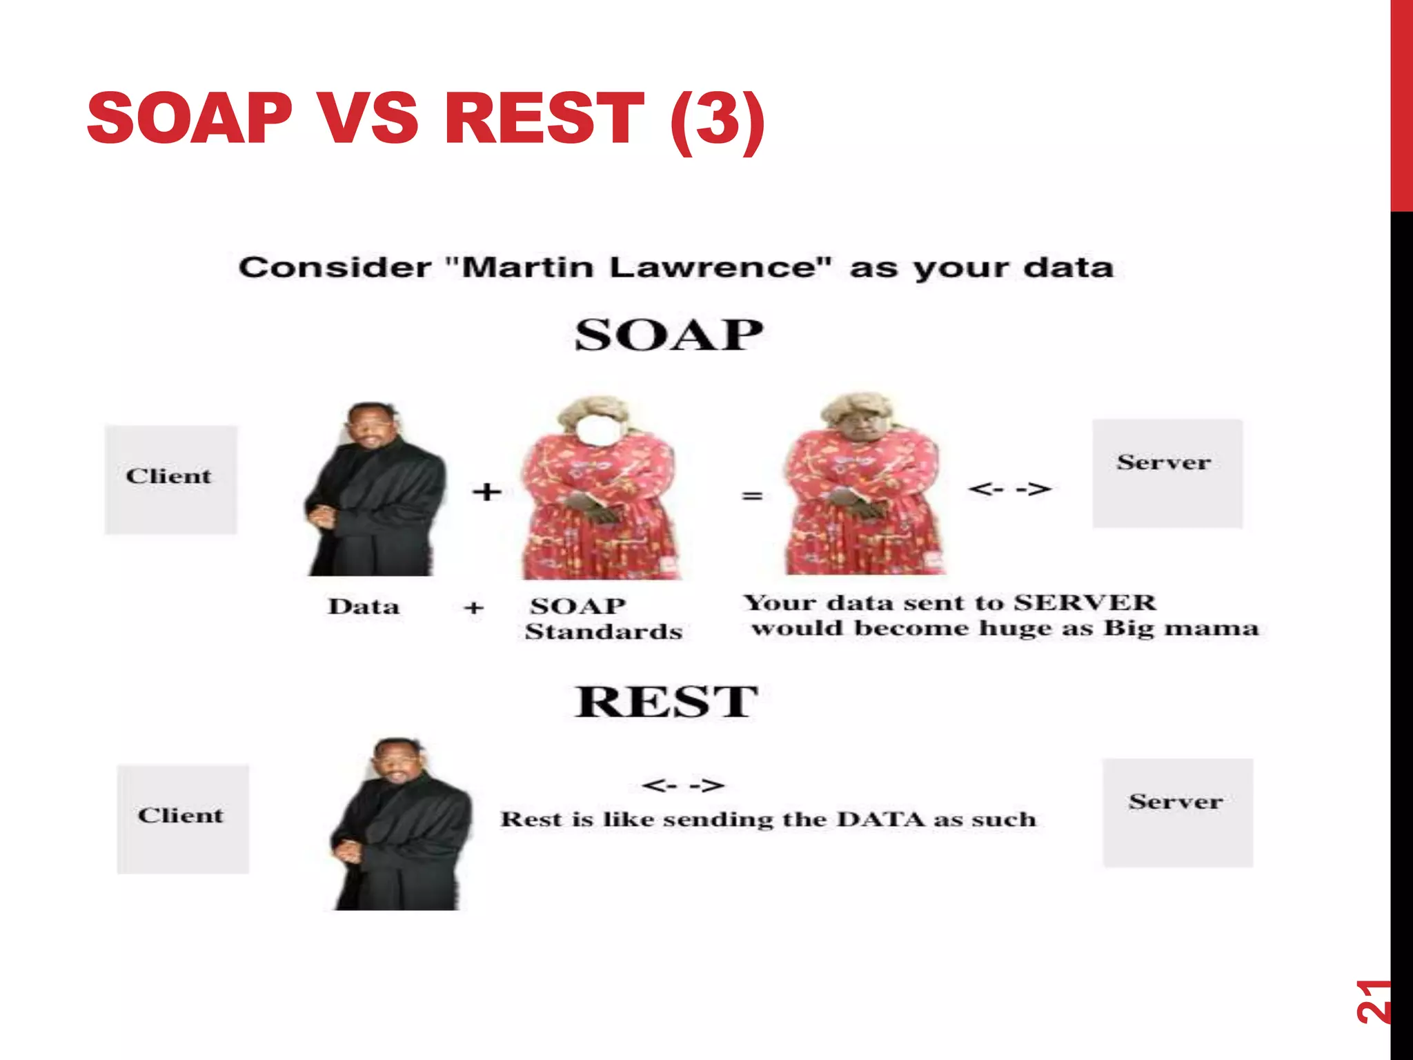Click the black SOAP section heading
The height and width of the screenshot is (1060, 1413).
[x=669, y=335]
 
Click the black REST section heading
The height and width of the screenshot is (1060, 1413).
[x=666, y=702]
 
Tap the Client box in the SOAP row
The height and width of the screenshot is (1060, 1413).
[x=170, y=479]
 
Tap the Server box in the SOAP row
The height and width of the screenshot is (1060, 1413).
[x=1167, y=473]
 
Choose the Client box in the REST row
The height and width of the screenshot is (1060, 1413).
[x=183, y=818]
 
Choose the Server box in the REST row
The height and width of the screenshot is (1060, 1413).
[x=1177, y=812]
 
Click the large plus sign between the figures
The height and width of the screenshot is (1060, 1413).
[x=486, y=492]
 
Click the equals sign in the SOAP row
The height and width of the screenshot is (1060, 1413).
[x=751, y=495]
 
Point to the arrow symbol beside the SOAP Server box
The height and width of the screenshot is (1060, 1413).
[x=1009, y=489]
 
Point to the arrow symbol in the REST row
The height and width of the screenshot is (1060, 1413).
[x=683, y=785]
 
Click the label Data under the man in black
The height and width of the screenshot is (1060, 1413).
[x=364, y=607]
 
